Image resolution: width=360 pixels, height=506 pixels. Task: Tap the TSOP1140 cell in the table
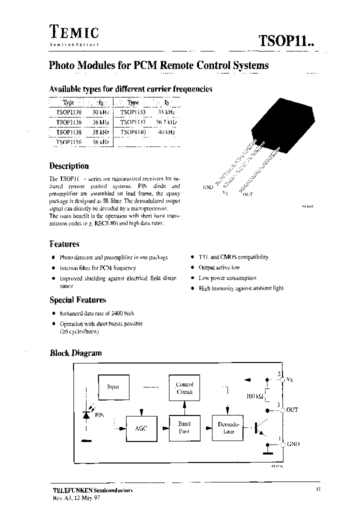pyautogui.click(x=133, y=132)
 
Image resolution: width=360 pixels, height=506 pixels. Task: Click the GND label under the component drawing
pyautogui.click(x=208, y=187)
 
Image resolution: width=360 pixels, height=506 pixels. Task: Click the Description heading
pyautogui.click(x=69, y=166)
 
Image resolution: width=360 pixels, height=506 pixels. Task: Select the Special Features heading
pyautogui.click(x=77, y=300)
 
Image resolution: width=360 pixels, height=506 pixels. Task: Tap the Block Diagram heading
pyautogui.click(x=75, y=352)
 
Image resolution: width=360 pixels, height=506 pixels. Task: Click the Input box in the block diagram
pyautogui.click(x=112, y=387)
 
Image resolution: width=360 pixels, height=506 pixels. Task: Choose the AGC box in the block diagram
pyautogui.click(x=140, y=428)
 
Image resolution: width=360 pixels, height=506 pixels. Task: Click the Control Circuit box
pyautogui.click(x=184, y=388)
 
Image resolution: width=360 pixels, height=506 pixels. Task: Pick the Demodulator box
pyautogui.click(x=229, y=427)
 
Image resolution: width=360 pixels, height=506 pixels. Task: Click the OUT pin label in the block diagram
pyautogui.click(x=291, y=409)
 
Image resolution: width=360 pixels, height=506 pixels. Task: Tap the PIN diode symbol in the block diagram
pyautogui.click(x=86, y=415)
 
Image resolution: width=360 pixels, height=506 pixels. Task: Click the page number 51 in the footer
pyautogui.click(x=318, y=489)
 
